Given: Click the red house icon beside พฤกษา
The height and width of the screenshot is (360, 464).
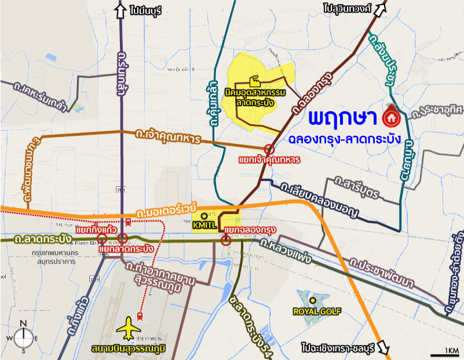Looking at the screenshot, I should point(391,118).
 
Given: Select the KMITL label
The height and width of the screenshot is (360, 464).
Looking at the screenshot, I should point(205,223).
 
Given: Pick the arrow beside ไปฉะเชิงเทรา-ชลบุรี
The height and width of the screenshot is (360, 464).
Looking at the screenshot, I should point(383,347).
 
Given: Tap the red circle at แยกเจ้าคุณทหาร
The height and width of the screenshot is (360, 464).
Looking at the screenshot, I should point(269,149).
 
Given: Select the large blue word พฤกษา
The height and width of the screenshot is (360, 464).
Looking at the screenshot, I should point(342,119).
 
